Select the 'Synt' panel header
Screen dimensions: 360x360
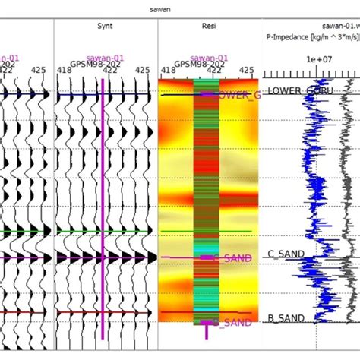point(106,26)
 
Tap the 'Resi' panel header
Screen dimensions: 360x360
point(210,26)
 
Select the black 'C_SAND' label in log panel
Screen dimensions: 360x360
point(286,253)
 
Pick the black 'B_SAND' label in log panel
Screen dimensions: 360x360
point(286,317)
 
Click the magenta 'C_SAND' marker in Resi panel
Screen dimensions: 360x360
point(231,259)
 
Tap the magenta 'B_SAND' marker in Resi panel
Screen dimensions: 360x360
point(231,323)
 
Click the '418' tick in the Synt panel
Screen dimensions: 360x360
point(65,71)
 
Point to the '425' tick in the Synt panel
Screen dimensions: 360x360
point(142,71)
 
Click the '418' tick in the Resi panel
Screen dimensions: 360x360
point(168,71)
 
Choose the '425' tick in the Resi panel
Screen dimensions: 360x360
point(246,71)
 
